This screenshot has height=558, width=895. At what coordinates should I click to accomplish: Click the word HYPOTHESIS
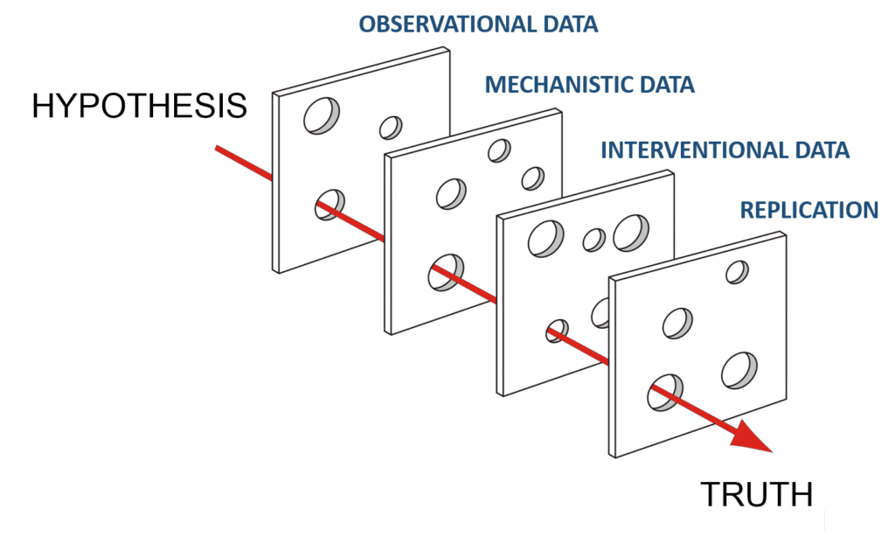(x=139, y=106)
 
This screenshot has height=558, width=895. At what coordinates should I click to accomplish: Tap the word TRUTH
(x=756, y=495)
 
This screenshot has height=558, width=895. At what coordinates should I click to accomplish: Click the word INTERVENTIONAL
(x=687, y=150)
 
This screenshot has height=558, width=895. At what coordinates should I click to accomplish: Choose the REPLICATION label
(x=808, y=210)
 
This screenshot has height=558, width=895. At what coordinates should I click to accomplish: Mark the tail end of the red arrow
(x=217, y=148)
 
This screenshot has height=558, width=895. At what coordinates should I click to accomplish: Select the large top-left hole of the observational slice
(x=322, y=116)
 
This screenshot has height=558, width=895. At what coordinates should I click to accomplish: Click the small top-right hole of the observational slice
(x=391, y=128)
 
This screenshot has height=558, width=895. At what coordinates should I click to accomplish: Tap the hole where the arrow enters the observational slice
(x=330, y=205)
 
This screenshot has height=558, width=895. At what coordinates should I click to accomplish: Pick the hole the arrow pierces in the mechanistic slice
(x=446, y=272)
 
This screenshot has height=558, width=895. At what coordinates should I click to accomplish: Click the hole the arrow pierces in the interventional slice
(x=557, y=331)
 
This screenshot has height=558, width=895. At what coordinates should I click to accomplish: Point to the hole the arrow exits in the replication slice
(x=665, y=393)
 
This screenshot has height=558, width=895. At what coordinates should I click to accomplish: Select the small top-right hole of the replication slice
(x=737, y=272)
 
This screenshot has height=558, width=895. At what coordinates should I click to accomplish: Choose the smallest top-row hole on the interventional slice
(x=593, y=240)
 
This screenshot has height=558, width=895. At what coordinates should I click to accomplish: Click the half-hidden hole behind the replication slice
(x=600, y=313)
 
